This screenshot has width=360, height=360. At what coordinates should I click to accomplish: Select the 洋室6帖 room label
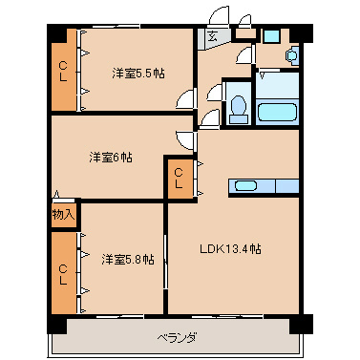point(112,156)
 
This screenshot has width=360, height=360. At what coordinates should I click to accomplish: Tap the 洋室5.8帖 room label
point(124,258)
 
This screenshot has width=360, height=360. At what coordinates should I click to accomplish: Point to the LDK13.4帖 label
point(230,249)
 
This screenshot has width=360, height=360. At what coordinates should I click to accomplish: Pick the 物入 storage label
point(62,214)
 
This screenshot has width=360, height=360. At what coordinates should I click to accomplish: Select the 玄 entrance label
point(212,38)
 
